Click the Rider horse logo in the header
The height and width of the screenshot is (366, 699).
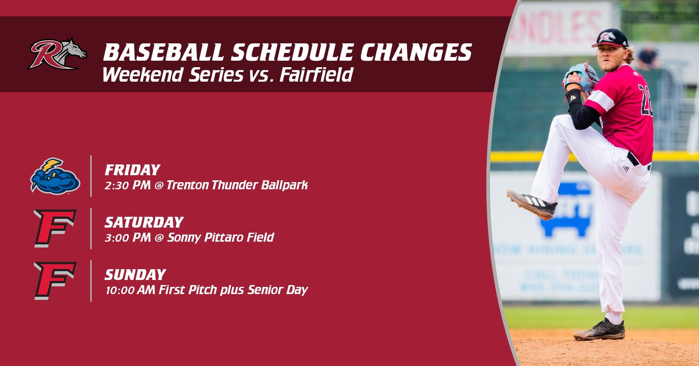pos(57,54)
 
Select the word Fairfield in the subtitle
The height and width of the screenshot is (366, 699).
pos(316,75)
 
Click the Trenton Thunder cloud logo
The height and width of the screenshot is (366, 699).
pos(55,176)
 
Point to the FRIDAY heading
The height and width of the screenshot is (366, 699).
pos(132,170)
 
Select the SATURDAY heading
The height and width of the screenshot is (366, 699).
pos(144,222)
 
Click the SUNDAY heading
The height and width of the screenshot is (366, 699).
pos(135,275)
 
